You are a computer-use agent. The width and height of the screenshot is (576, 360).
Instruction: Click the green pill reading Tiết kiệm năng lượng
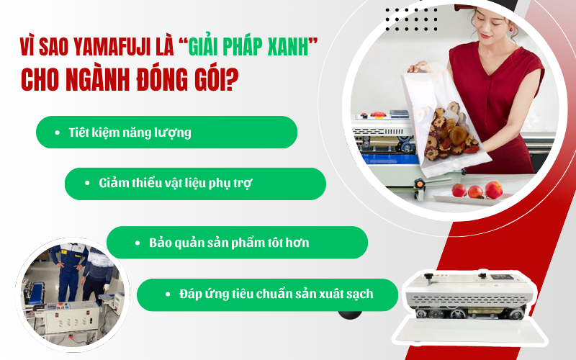[166, 132]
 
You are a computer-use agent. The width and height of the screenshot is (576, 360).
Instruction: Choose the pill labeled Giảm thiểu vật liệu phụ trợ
[195, 184]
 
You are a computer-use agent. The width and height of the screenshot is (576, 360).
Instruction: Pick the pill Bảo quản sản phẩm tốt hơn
[237, 243]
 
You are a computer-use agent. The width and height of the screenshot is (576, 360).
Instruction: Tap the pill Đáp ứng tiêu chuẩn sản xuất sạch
[267, 294]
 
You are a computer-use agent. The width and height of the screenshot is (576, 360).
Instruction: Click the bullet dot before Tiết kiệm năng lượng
[57, 133]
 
